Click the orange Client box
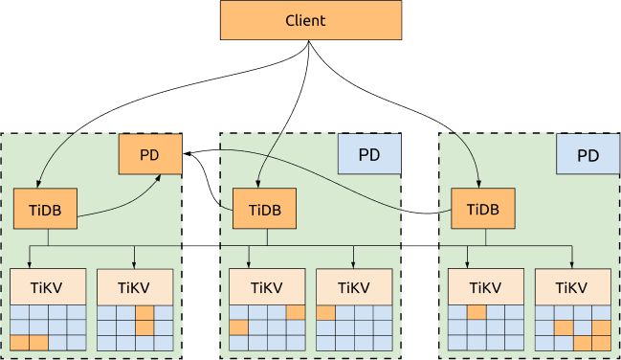coord(310,20)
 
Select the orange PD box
coord(149,154)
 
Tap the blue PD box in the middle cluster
coord(368,154)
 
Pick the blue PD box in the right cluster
coord(588,154)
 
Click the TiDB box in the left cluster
coord(45,210)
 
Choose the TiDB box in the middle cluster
coord(264,210)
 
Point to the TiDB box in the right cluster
coord(482,210)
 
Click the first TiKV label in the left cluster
coord(48,287)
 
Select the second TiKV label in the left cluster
coord(135,287)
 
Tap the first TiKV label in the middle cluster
coord(267,287)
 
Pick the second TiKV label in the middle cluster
coord(353,287)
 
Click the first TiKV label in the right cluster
coord(485,287)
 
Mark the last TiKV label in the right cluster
coord(572,287)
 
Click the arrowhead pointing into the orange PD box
coord(177,171)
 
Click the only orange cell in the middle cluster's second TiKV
coord(325,312)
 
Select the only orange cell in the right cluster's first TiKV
coord(477,312)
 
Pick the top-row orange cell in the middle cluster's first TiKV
coord(296,312)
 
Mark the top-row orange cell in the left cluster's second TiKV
coord(144,312)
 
